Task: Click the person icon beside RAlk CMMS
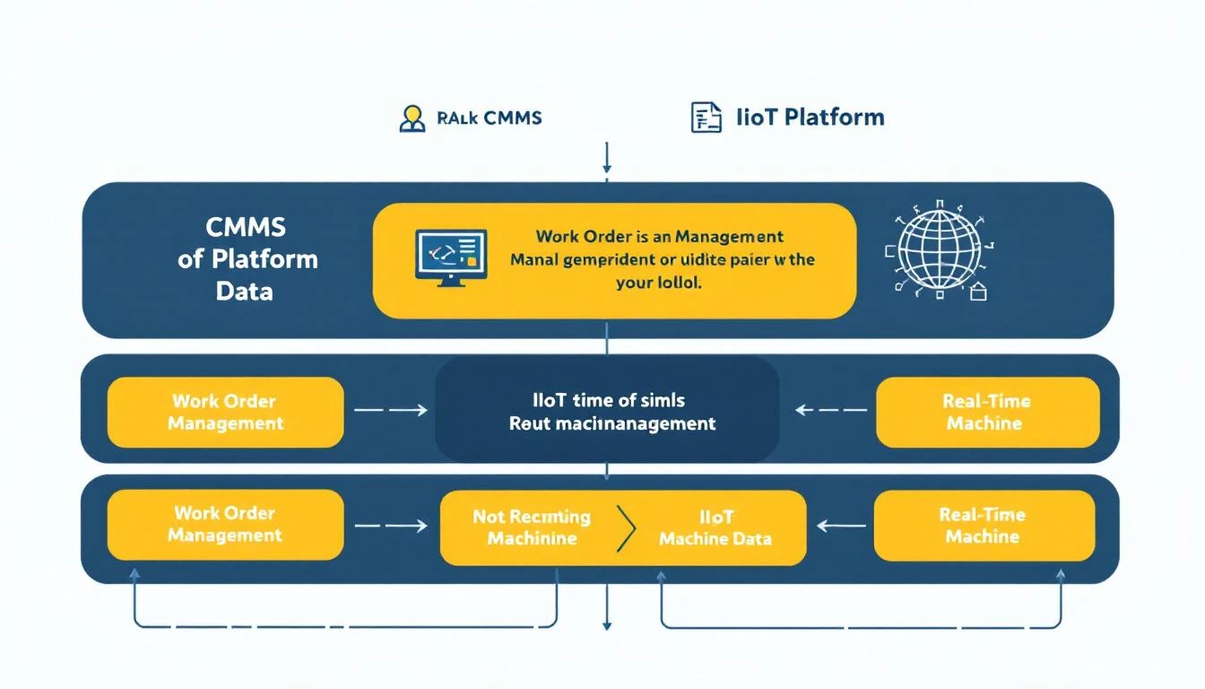[x=412, y=118]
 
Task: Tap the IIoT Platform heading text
[x=810, y=117]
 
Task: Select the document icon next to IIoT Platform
[x=706, y=118]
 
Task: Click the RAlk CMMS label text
[x=490, y=118]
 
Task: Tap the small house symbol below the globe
[x=978, y=292]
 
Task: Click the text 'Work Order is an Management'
[x=659, y=237]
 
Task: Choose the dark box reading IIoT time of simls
[x=607, y=411]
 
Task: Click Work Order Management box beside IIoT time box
[x=225, y=412]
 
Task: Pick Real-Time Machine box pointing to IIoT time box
[x=986, y=412]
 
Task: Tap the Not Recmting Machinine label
[x=532, y=528]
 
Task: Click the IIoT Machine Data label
[x=715, y=528]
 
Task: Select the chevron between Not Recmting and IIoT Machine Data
[x=627, y=528]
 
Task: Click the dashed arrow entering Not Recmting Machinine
[x=391, y=527]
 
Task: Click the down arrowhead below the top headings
[x=608, y=166]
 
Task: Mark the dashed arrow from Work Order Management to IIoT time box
[x=391, y=411]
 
